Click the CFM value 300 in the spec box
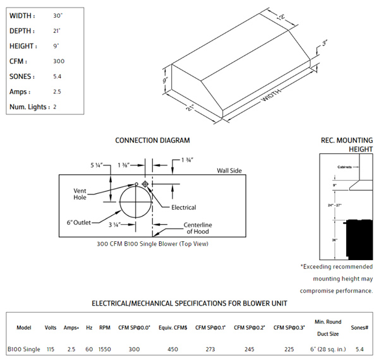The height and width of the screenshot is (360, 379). (x=60, y=61)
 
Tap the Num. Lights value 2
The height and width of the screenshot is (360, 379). (x=55, y=107)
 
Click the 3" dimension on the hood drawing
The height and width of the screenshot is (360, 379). (x=325, y=44)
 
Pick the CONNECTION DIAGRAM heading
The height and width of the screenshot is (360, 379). (x=152, y=140)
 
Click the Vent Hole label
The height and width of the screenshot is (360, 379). (x=80, y=193)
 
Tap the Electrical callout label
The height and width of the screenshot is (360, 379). (x=184, y=207)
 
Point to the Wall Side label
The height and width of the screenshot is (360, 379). (x=231, y=171)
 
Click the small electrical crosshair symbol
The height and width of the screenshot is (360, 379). (x=145, y=184)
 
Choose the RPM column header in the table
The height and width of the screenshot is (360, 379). (x=105, y=328)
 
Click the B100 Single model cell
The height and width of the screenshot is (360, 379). (x=23, y=349)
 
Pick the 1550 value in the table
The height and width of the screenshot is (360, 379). (x=105, y=349)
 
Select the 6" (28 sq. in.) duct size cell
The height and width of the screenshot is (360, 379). (x=328, y=349)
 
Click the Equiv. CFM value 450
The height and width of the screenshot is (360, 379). (x=172, y=349)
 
